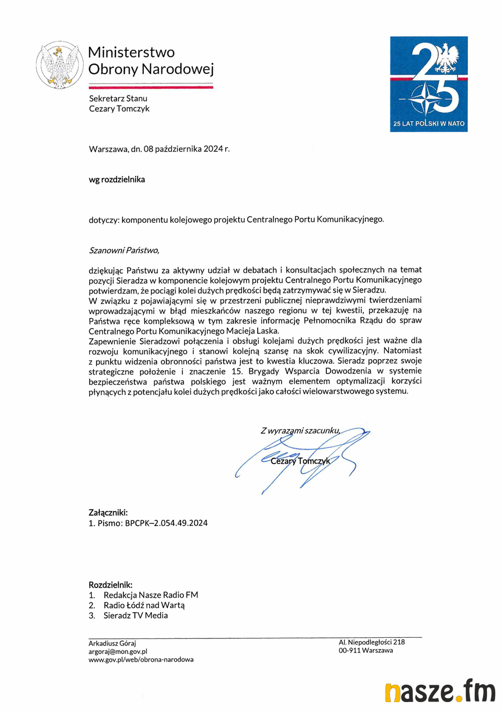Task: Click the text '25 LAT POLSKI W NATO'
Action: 428,123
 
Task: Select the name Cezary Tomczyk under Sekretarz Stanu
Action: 119,109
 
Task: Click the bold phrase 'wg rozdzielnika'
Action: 117,180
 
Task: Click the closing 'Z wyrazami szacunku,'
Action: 300,430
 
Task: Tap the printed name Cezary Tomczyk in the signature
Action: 300,461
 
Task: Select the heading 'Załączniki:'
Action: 108,512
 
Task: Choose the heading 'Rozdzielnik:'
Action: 110,584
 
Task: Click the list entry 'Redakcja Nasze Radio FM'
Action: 151,595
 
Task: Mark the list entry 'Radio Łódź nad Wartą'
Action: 144,605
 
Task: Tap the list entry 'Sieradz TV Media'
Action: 136,615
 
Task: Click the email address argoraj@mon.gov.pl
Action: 118,651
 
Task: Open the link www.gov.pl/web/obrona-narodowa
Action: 141,660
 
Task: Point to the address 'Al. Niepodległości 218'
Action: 371,642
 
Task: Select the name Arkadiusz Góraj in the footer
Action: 112,643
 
